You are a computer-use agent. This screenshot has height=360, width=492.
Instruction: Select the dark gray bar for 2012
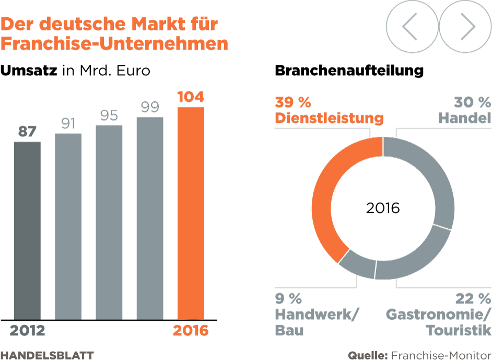coord(27,230)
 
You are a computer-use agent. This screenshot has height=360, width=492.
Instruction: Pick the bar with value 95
coord(109,222)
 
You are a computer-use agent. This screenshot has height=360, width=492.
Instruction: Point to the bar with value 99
coord(150,218)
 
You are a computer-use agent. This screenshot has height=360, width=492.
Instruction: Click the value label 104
coord(191,97)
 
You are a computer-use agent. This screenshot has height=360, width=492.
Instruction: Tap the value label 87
coord(27,132)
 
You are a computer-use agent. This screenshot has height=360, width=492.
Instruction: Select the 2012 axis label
coord(27,331)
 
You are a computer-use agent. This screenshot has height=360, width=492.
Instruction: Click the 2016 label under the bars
coord(191,331)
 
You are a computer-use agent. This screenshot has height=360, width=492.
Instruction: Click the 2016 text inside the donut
coord(383,208)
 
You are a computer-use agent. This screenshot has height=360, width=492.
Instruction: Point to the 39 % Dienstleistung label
coord(329,110)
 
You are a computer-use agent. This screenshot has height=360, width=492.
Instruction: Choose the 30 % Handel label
coord(464,110)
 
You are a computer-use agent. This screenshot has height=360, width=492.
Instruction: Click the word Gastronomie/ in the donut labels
coord(438,315)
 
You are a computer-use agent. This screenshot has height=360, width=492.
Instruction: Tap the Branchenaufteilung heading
coord(349,71)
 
